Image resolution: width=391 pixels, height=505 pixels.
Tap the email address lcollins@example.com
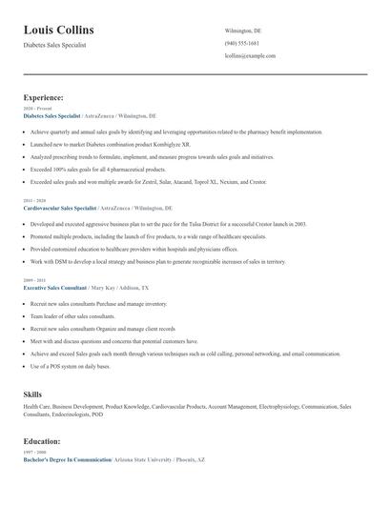tap(250, 56)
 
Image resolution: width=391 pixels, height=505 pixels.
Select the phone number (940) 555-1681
tap(242, 44)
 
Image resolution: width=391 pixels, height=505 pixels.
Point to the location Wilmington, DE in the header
tap(243, 30)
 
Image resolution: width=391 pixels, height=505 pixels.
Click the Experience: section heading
tap(44, 97)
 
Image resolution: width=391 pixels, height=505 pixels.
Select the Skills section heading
tap(32, 394)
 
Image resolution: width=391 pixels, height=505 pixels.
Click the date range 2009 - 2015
tap(34, 280)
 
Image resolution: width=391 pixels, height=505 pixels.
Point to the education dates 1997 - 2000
tap(34, 453)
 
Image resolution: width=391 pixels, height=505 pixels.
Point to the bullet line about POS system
tap(87, 366)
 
